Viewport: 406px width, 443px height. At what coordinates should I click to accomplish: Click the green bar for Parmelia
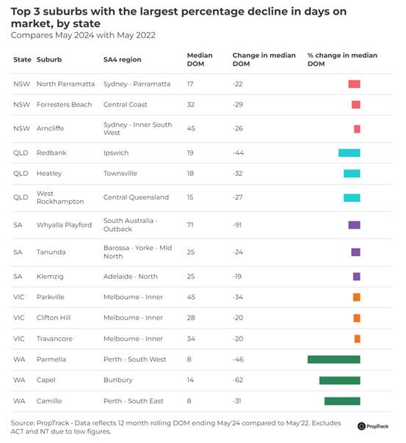333,359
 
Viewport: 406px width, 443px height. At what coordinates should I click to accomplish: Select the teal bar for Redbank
349,153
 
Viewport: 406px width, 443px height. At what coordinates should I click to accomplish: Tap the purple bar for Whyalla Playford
355,225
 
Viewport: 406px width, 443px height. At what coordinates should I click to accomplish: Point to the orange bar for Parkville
357,297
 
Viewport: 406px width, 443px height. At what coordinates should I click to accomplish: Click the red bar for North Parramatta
355,84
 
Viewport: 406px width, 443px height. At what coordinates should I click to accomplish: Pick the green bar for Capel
340,380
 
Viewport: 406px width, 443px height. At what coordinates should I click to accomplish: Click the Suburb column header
49,59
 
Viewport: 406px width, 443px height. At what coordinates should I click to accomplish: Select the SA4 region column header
122,59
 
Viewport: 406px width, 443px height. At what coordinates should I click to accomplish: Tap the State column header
22,59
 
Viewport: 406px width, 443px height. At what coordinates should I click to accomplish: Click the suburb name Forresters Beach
64,105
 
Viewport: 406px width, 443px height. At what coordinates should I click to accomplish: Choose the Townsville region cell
120,174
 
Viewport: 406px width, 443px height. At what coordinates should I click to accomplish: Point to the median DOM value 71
190,225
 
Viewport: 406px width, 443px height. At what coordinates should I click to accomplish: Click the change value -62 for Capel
238,380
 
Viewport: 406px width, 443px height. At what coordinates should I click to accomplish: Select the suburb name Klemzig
50,277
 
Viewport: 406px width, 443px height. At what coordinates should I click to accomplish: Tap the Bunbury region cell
118,380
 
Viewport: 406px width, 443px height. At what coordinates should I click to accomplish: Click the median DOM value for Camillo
189,401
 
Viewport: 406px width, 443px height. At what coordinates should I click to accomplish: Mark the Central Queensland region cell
136,197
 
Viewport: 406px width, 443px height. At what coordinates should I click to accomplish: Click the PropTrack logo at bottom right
373,426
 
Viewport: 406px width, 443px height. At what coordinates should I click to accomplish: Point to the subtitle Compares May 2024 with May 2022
83,35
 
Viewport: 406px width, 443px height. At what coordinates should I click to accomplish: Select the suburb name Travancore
54,338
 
